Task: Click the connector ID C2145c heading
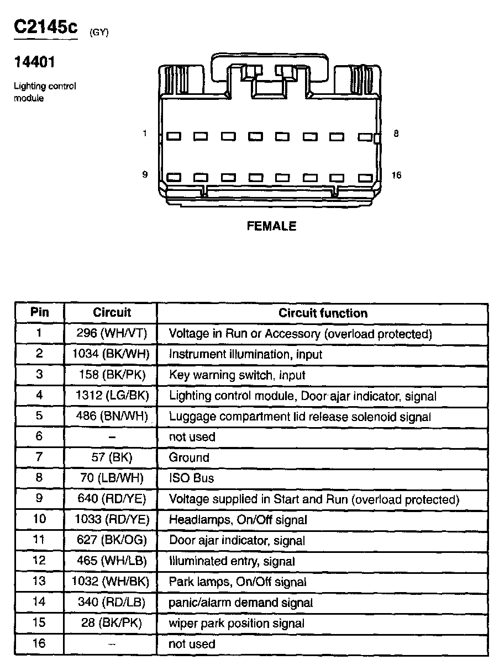point(46,28)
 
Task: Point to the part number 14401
point(34,62)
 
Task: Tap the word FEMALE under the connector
point(271,226)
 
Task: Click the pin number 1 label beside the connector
point(145,134)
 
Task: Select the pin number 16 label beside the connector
point(396,175)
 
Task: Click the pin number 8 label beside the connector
point(396,134)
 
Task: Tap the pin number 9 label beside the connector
point(145,175)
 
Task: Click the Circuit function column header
point(323,313)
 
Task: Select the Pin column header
point(39,312)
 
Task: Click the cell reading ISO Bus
point(191,478)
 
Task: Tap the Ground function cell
point(189,457)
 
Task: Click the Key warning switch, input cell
point(237,375)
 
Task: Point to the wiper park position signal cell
point(237,624)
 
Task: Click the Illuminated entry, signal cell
point(232,561)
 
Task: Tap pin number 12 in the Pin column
point(39,561)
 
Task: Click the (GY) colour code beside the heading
point(99,33)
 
